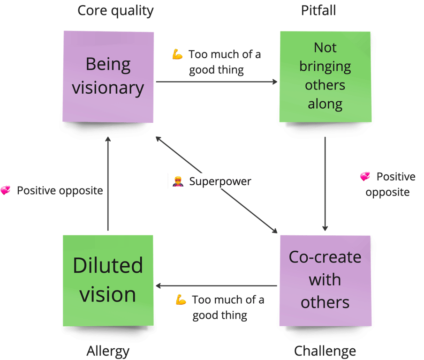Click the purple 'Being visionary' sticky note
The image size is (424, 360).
108,75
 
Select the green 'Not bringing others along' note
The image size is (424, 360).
325,76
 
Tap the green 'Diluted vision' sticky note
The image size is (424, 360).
108,280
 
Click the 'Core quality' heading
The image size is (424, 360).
115,11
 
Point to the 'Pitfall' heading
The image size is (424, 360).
318,11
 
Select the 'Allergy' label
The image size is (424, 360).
108,351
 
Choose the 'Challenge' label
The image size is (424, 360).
325,351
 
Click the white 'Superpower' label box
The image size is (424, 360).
212,181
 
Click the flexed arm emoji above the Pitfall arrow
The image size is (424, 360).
177,54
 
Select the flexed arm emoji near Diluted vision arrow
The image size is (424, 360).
181,300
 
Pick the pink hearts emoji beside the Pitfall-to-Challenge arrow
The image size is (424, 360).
365,177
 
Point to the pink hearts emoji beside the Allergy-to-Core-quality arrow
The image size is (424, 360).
6,191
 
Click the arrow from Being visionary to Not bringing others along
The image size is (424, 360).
216,82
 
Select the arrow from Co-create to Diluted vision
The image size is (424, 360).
216,285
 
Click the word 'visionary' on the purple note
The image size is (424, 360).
108,88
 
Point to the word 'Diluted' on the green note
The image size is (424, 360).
108,266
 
